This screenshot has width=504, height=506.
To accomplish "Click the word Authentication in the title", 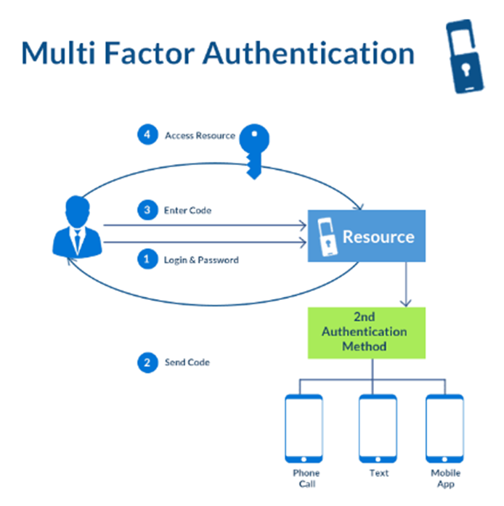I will coord(308,53).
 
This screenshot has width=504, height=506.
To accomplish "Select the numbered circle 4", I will coord(147,135).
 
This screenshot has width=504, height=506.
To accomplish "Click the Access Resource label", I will coord(200,136).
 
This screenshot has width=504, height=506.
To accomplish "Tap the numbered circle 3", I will coord(147,211).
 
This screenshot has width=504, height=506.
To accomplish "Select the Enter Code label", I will coord(188,211).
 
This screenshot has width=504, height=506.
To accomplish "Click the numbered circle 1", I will coord(147,259).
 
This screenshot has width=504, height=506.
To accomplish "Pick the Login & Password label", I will coord(201,260).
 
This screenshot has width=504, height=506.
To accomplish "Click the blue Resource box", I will coord(367,236).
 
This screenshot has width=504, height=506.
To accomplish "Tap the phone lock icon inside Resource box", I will coord(326,236).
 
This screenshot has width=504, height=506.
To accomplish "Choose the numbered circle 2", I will coord(147,362).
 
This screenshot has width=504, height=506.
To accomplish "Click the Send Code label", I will coord(187,362).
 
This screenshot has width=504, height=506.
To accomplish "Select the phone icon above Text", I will coord(378,428).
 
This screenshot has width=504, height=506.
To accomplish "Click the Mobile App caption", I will coord(444,478).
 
